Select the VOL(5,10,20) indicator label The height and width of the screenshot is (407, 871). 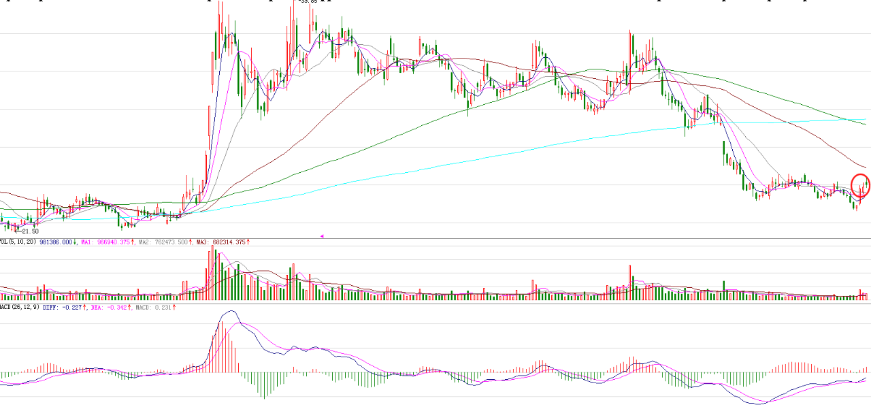(18, 242)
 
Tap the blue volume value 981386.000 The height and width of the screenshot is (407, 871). (56, 242)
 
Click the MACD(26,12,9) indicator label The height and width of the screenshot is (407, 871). (19, 308)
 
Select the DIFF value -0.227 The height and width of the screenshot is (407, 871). (73, 308)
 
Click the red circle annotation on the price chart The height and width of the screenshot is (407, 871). (861, 186)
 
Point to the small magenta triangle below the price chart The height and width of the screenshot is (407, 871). (322, 236)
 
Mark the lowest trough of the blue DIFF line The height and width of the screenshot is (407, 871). (760, 404)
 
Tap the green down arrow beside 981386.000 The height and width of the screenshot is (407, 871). (76, 242)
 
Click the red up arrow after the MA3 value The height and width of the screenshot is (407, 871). (248, 242)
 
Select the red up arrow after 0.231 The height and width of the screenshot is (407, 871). (175, 308)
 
